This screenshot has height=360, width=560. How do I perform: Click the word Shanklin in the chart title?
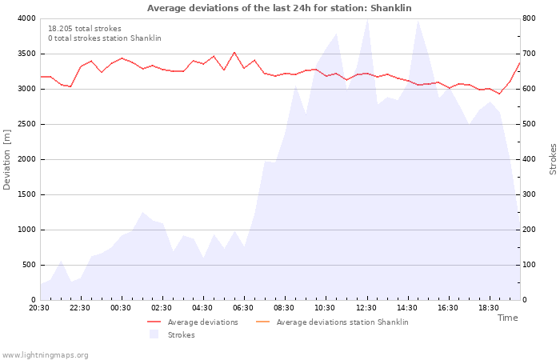[390, 8]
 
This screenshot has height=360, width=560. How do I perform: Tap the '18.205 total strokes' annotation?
[85, 29]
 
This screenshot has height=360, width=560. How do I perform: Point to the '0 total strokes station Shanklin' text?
[105, 38]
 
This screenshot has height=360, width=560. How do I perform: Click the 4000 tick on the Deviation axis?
[26, 18]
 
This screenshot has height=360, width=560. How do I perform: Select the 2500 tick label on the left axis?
[26, 124]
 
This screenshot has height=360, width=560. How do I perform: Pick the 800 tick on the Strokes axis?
[529, 18]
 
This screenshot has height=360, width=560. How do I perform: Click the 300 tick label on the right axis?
[529, 194]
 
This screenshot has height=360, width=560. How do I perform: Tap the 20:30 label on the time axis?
[39, 308]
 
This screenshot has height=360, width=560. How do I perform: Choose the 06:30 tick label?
[243, 308]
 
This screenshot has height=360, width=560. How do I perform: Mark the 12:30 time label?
[366, 308]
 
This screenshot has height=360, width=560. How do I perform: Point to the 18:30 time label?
[489, 308]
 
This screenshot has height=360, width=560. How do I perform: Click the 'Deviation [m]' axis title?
[6, 160]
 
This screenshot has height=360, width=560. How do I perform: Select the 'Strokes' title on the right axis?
[553, 159]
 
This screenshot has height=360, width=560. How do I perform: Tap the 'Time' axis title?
[507, 318]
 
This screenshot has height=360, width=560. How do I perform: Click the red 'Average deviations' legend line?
[154, 322]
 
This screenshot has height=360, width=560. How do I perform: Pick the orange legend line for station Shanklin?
[263, 322]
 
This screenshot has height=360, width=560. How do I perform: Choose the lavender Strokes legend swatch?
[154, 334]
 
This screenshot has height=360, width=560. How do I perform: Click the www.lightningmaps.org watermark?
[45, 355]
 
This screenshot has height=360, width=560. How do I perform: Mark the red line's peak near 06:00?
[234, 52]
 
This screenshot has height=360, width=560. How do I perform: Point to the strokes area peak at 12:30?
[367, 19]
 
